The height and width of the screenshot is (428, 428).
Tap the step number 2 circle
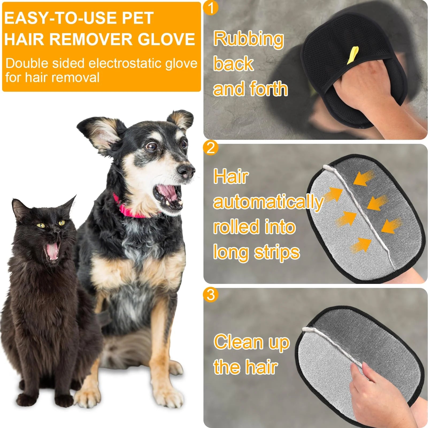pyautogui.click(x=211, y=148)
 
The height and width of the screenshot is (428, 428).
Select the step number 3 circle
pyautogui.click(x=211, y=295)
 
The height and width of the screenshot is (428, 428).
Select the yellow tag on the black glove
pyautogui.click(x=353, y=55)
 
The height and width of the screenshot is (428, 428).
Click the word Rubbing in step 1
pyautogui.click(x=248, y=39)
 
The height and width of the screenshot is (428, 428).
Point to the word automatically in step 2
pyautogui.click(x=268, y=202)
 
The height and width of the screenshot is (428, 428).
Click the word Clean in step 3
pyautogui.click(x=239, y=342)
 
